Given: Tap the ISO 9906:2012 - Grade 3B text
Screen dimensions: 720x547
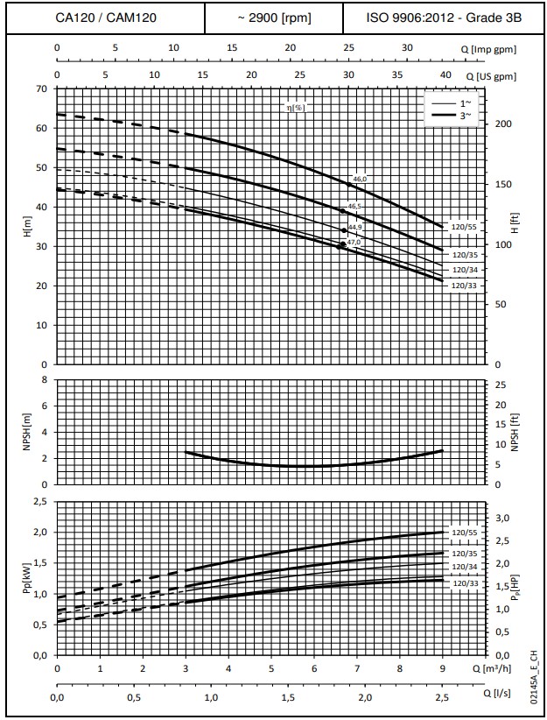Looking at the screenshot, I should (442, 18).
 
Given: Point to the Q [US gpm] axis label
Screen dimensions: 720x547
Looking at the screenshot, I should (494, 76).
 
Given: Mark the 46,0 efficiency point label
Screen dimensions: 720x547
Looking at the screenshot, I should (359, 179).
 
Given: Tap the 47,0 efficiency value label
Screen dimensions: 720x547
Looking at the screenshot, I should (354, 242).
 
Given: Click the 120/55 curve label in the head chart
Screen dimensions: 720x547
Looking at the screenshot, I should (463, 226).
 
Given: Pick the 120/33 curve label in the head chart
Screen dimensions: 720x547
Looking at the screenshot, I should (463, 286).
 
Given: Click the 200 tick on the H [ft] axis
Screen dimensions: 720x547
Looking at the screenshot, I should (501, 124).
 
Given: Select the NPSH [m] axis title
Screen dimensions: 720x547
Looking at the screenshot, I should (25, 432).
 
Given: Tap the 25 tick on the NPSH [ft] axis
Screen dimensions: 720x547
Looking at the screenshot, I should (501, 385).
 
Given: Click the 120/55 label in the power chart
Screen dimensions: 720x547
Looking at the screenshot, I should (463, 532).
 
